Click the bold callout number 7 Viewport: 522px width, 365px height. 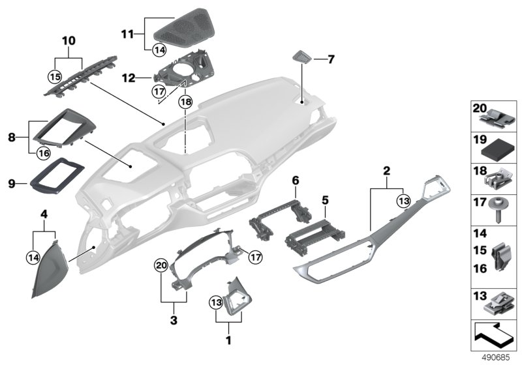pyautogui.click(x=331, y=59)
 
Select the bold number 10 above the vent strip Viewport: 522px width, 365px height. pyautogui.click(x=69, y=41)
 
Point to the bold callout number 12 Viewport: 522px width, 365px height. pyautogui.click(x=128, y=78)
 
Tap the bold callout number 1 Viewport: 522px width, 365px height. pyautogui.click(x=228, y=340)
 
